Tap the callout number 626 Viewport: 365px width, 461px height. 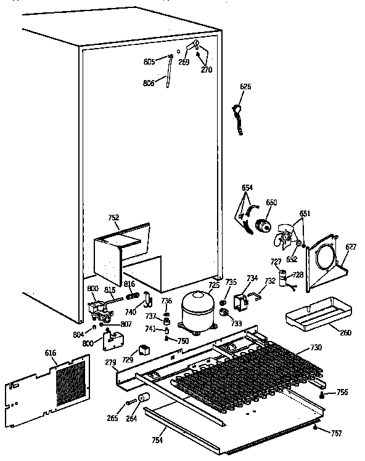[245, 87]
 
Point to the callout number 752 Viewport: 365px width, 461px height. [113, 217]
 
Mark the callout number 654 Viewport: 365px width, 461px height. [247, 187]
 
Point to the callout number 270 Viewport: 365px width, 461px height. [206, 70]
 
